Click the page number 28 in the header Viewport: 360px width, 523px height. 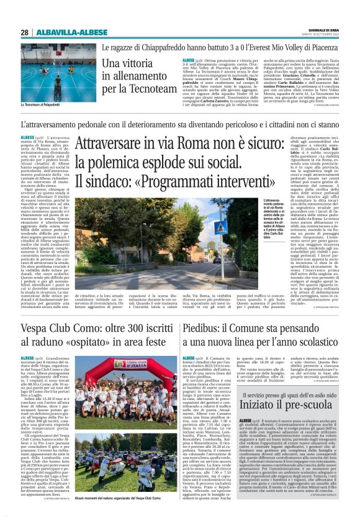(x=24, y=32)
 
